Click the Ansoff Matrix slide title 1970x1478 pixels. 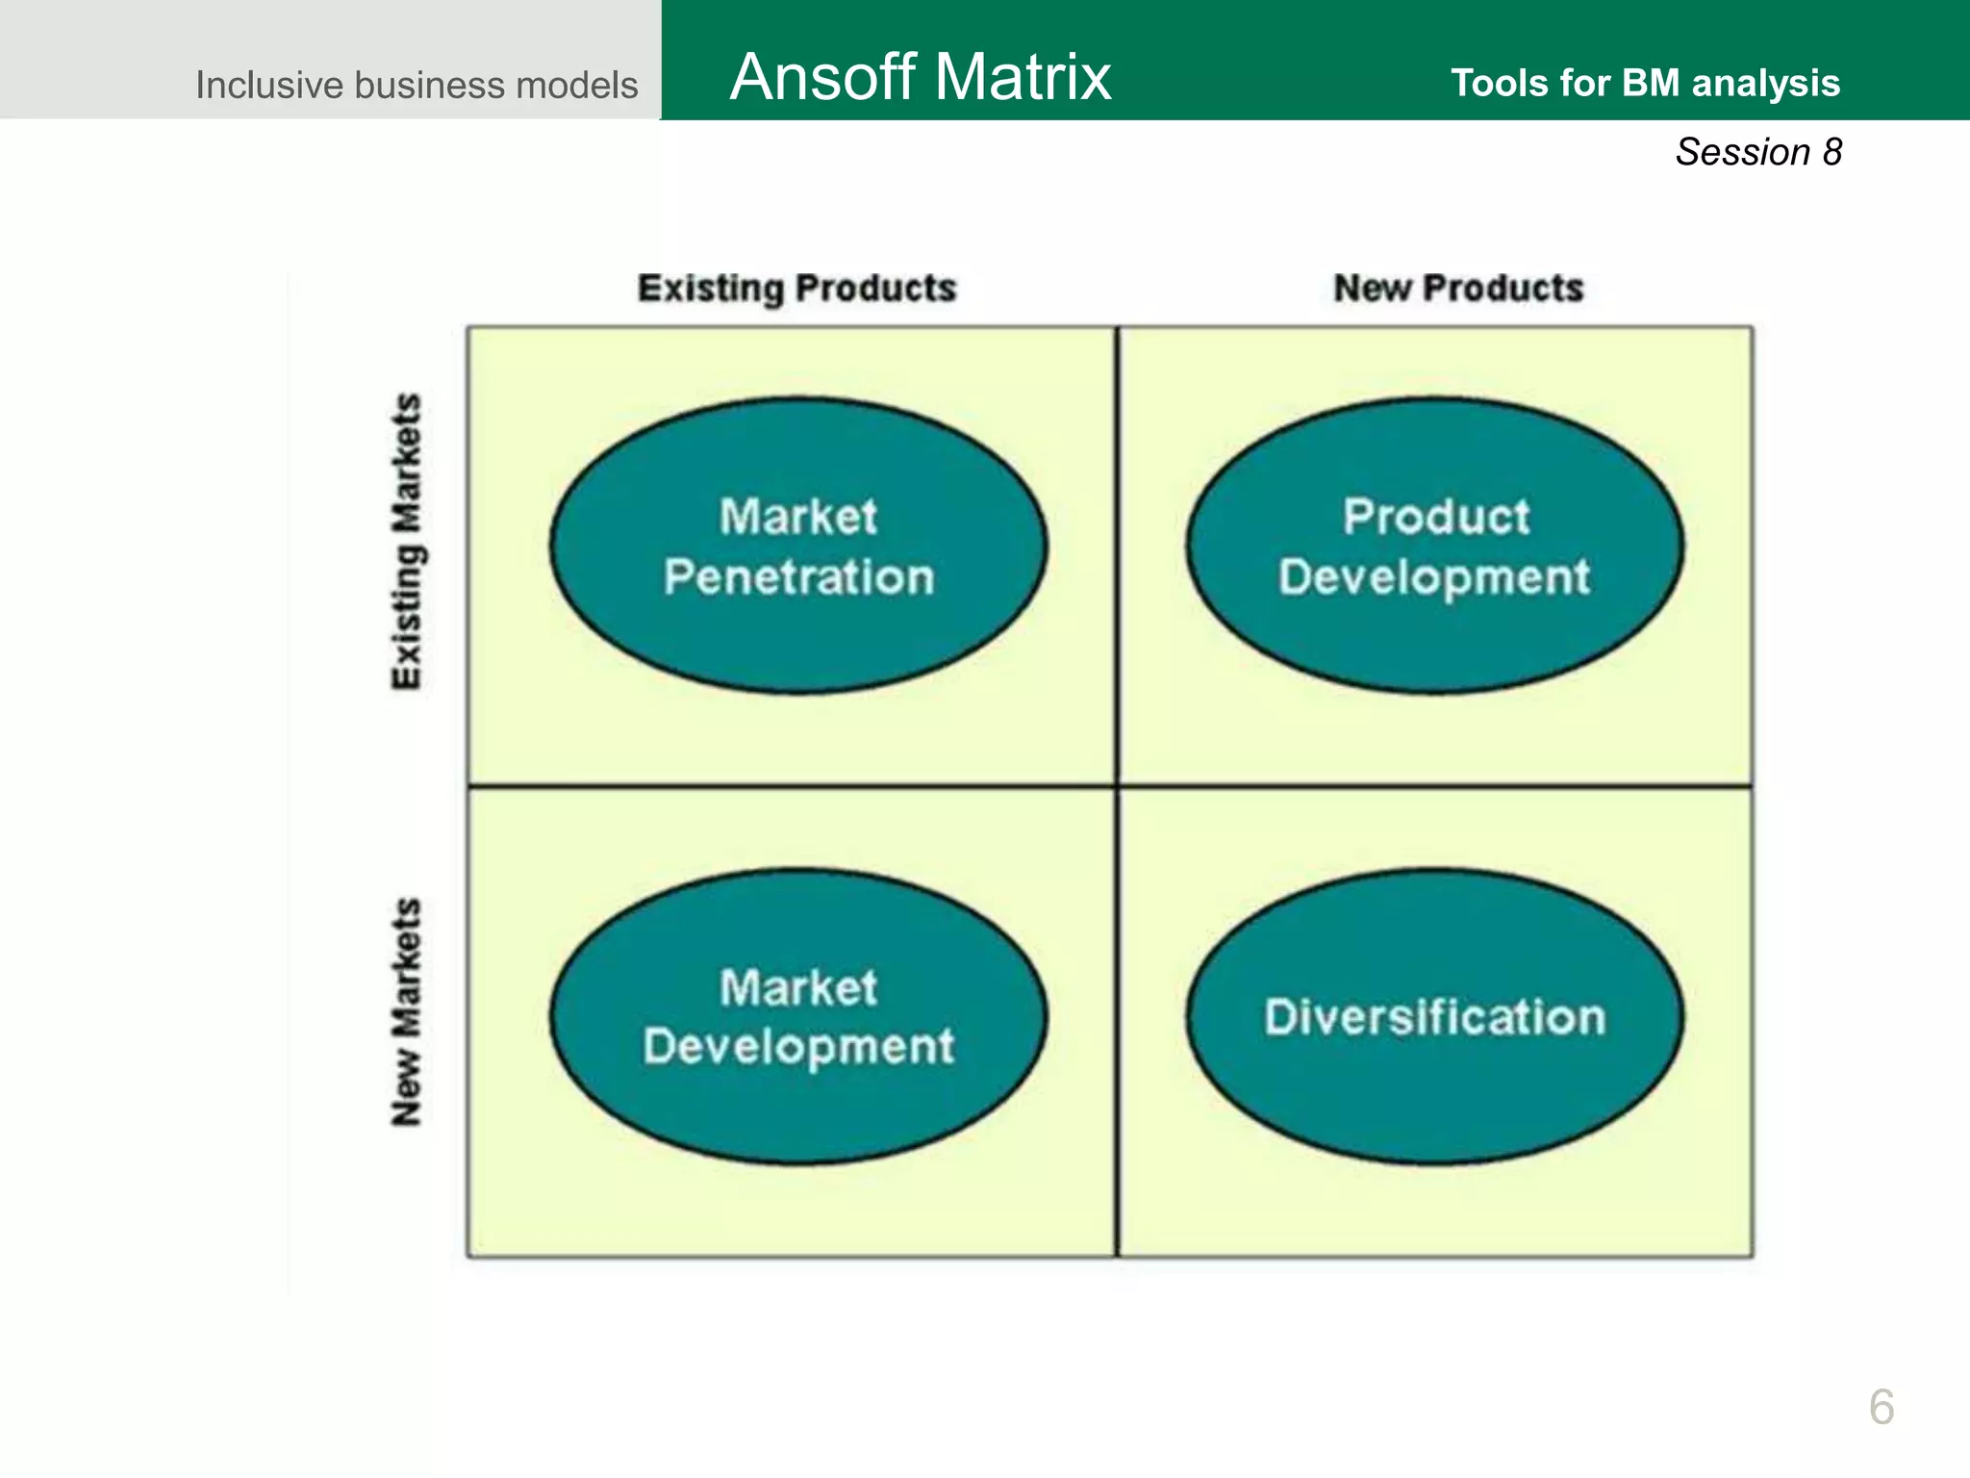coord(920,77)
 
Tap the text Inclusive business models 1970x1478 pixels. coord(416,85)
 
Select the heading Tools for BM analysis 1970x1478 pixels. coord(1645,83)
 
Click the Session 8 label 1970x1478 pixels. coord(1758,152)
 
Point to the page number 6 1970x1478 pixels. coord(1882,1407)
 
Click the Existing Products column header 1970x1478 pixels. coord(796,288)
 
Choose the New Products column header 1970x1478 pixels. coord(1458,288)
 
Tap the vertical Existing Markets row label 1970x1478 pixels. coord(406,541)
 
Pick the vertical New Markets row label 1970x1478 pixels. coord(406,1012)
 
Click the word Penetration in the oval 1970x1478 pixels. coord(798,577)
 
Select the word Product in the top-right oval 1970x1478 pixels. coord(1435,517)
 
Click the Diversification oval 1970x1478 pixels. coord(1434,1017)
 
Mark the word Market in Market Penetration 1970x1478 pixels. coord(798,517)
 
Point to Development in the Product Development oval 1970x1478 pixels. coord(1434,577)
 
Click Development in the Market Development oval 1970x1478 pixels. coord(798,1047)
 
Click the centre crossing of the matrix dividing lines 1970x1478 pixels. coord(1117,786)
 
